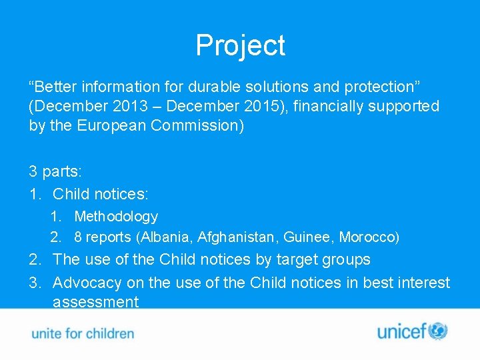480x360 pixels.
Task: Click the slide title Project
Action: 240,45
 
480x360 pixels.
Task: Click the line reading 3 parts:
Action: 55,171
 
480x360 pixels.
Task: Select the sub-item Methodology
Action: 116,217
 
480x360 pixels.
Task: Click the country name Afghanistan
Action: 237,237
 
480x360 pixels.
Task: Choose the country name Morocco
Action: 369,237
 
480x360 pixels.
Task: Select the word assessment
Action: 95,302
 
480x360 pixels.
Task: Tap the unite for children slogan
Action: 83,333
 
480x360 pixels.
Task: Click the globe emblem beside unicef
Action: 438,331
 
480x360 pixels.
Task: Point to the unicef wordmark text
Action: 402,332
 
